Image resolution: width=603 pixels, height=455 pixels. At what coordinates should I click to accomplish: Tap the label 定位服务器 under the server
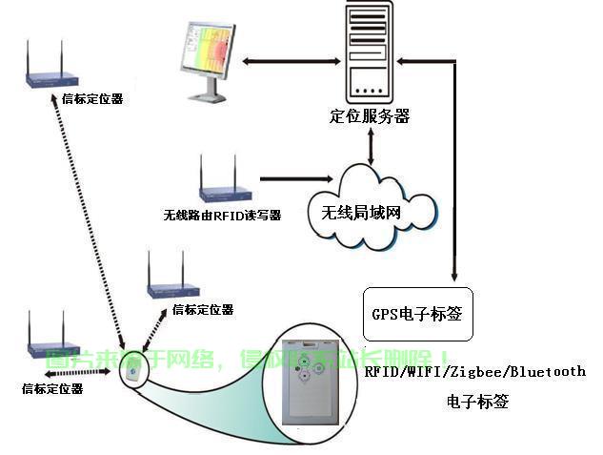[x=369, y=116]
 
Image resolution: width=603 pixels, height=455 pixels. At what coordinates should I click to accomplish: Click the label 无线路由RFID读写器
[x=222, y=216]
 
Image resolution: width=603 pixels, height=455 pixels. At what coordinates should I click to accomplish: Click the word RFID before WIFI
[x=383, y=371]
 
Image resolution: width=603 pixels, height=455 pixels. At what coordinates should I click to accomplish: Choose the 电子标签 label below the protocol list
[x=477, y=402]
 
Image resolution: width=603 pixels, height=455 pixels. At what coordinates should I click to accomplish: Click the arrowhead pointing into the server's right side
[x=402, y=62]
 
